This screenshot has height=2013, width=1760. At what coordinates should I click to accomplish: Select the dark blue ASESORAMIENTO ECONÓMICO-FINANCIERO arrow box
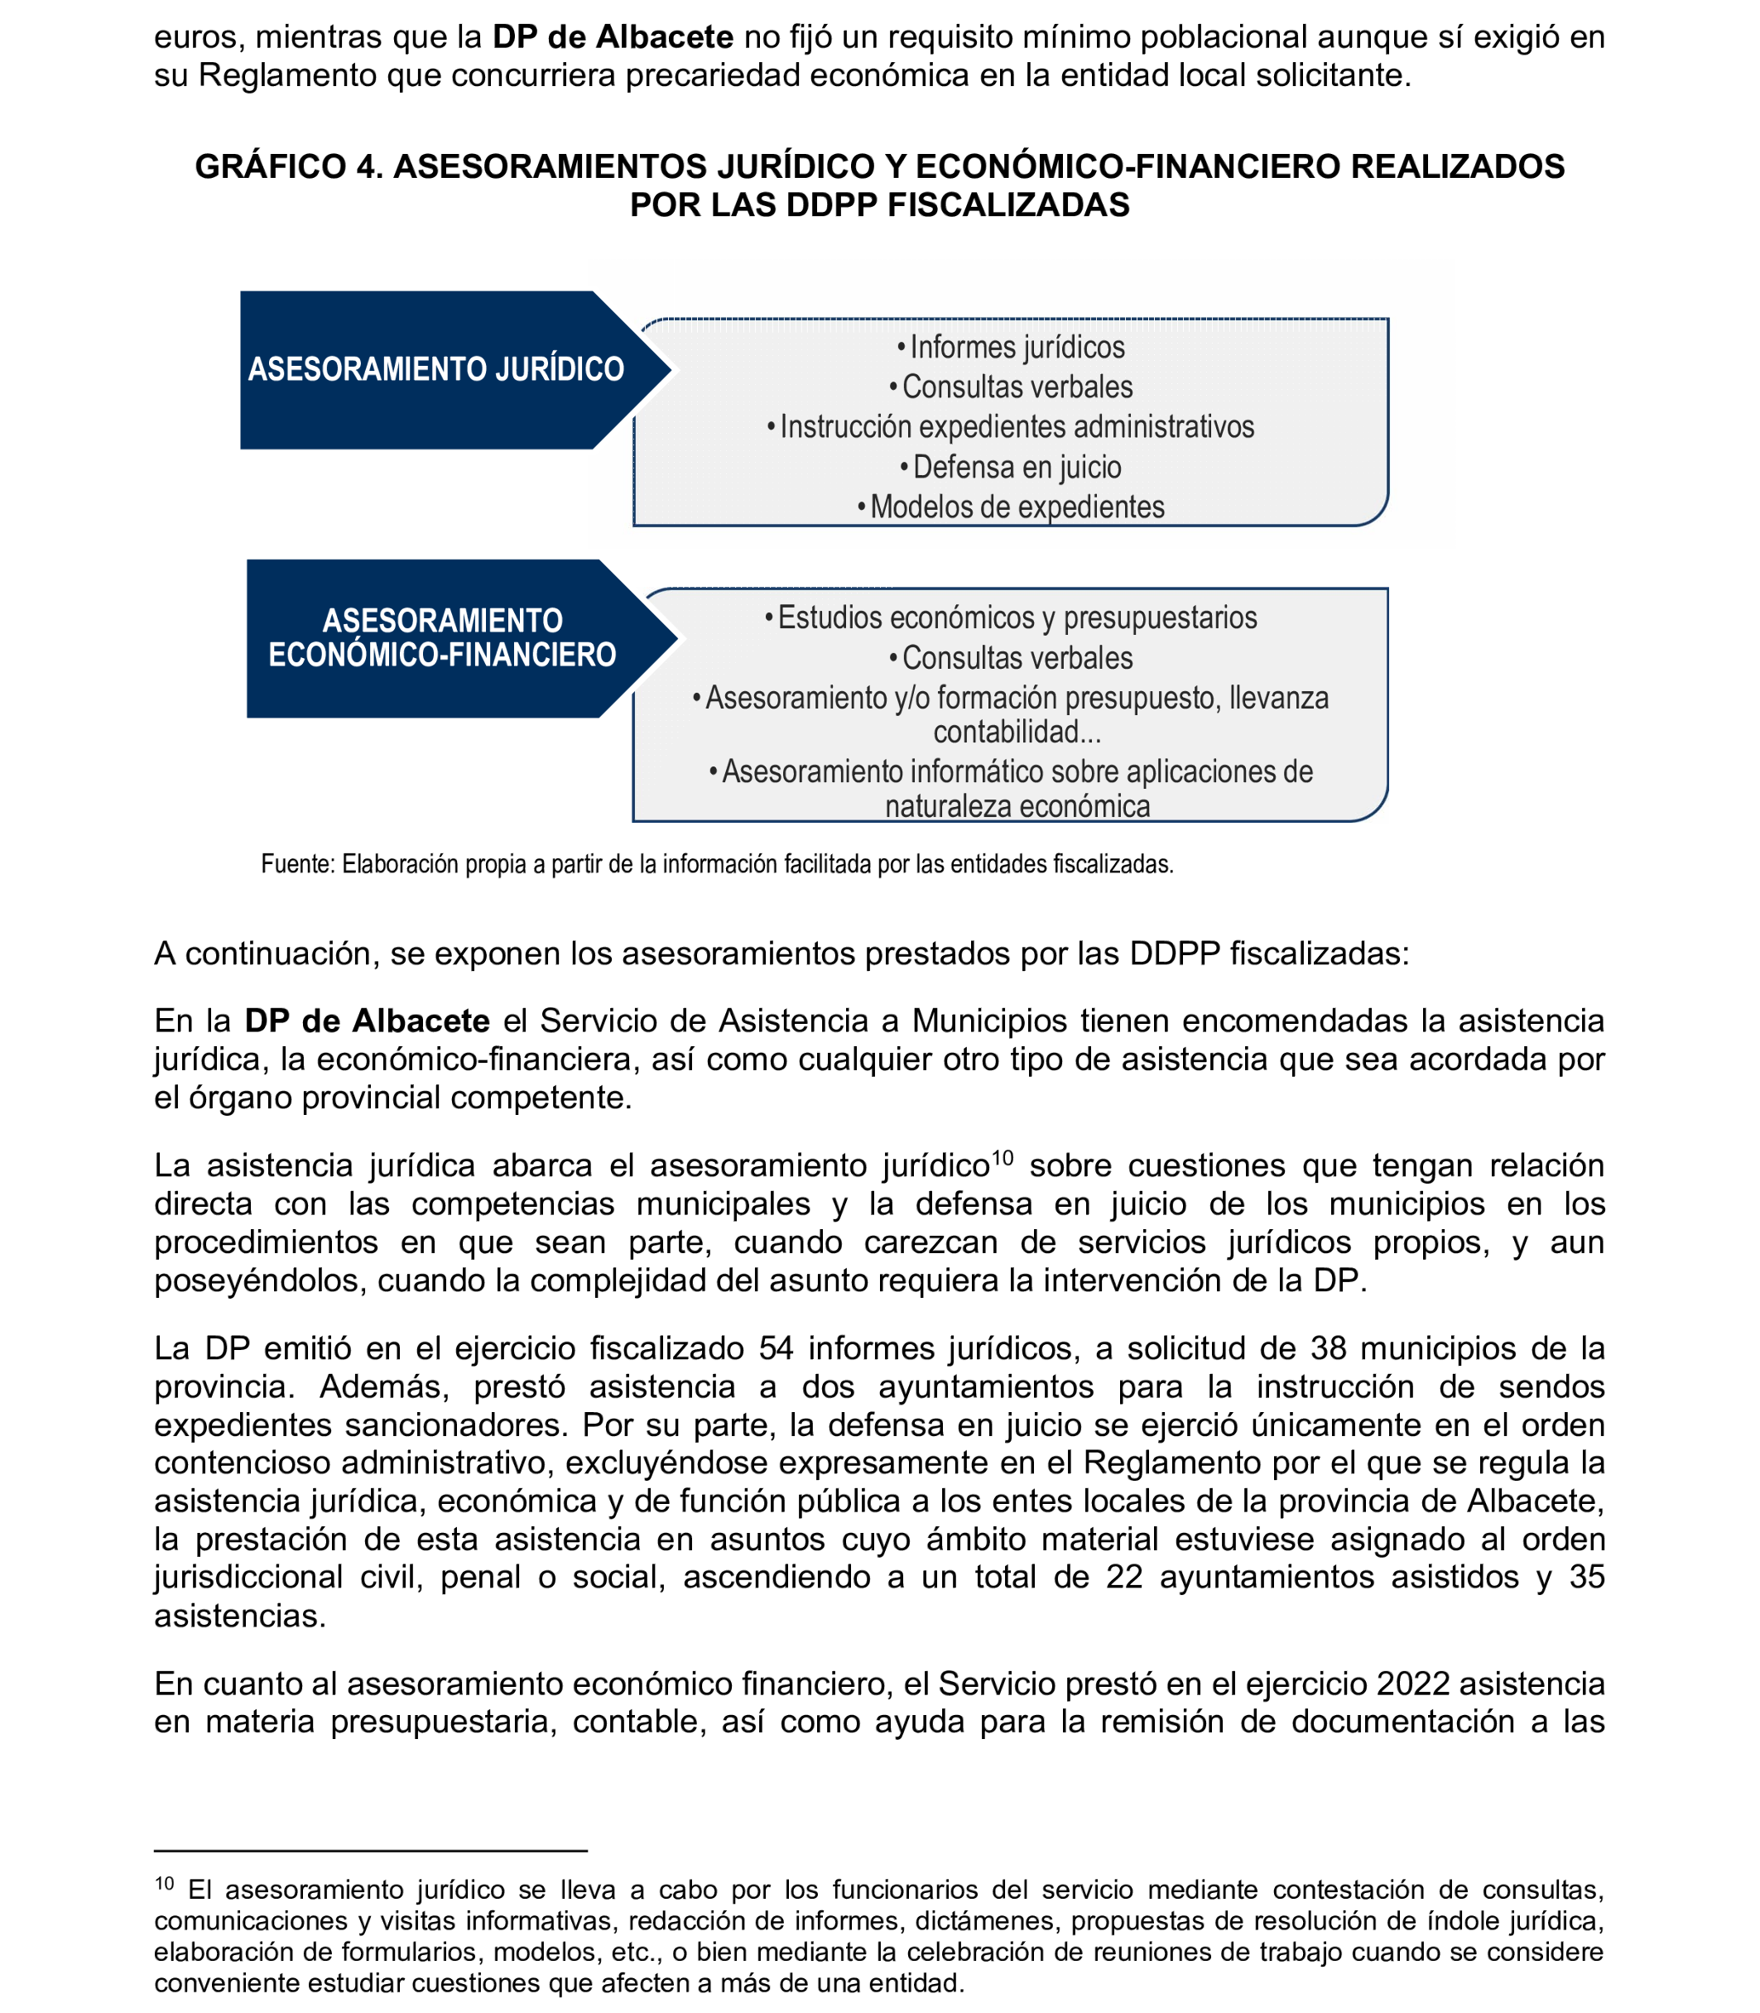coord(442,638)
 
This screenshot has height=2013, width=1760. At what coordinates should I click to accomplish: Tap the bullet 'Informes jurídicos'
coord(1011,348)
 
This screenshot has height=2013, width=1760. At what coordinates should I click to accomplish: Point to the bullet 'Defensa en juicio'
coord(1011,468)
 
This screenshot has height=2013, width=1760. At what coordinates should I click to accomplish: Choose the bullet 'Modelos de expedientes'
coord(1011,507)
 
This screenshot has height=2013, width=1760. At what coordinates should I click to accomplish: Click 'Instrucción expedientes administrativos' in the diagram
coord(1011,427)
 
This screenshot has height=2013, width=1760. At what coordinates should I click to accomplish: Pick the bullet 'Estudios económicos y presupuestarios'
coord(1011,617)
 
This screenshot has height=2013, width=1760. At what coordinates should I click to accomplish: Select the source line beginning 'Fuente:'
coord(717,864)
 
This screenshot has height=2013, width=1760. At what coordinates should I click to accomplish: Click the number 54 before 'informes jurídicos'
coord(777,1348)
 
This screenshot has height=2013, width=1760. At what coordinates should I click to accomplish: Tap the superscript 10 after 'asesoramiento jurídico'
coord(1002,1158)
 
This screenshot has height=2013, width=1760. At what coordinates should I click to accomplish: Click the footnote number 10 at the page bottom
coord(164,1883)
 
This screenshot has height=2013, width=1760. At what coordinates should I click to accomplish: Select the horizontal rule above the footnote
coord(370,1851)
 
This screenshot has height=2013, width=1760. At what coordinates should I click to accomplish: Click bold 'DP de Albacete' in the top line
coord(613,37)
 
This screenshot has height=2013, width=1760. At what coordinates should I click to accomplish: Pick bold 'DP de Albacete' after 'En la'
coord(368,1021)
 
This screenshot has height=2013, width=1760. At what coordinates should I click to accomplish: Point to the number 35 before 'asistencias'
coord(1586,1577)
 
